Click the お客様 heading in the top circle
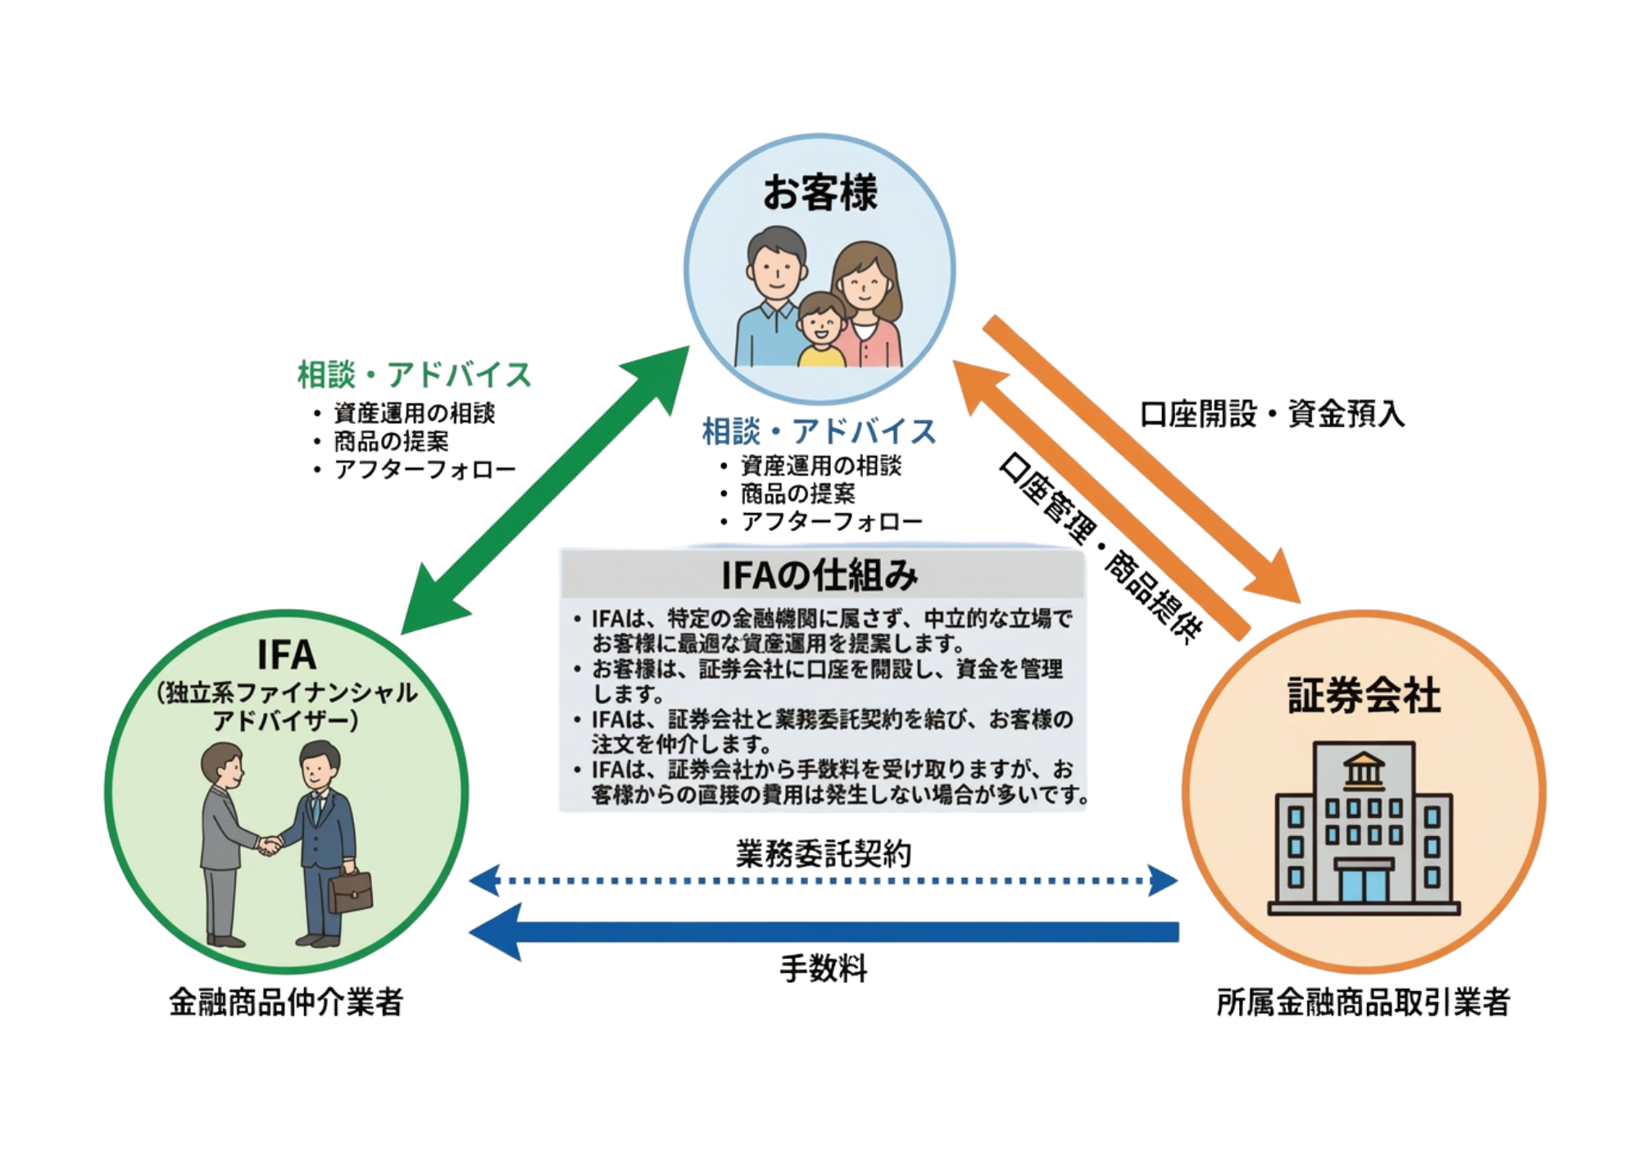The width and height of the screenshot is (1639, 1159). tap(819, 193)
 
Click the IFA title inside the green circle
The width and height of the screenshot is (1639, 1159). tap(286, 656)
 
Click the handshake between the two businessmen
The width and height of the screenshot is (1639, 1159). tap(269, 844)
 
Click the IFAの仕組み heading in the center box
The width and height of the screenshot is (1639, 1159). tap(819, 576)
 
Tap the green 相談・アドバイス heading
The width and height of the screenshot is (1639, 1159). tap(414, 375)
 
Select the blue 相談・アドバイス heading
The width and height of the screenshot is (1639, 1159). tap(819, 431)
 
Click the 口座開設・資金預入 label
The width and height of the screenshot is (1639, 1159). tap(1273, 414)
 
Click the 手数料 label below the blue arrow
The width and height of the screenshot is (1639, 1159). tap(823, 970)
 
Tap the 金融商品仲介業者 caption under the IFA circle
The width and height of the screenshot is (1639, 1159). tap(286, 1002)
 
